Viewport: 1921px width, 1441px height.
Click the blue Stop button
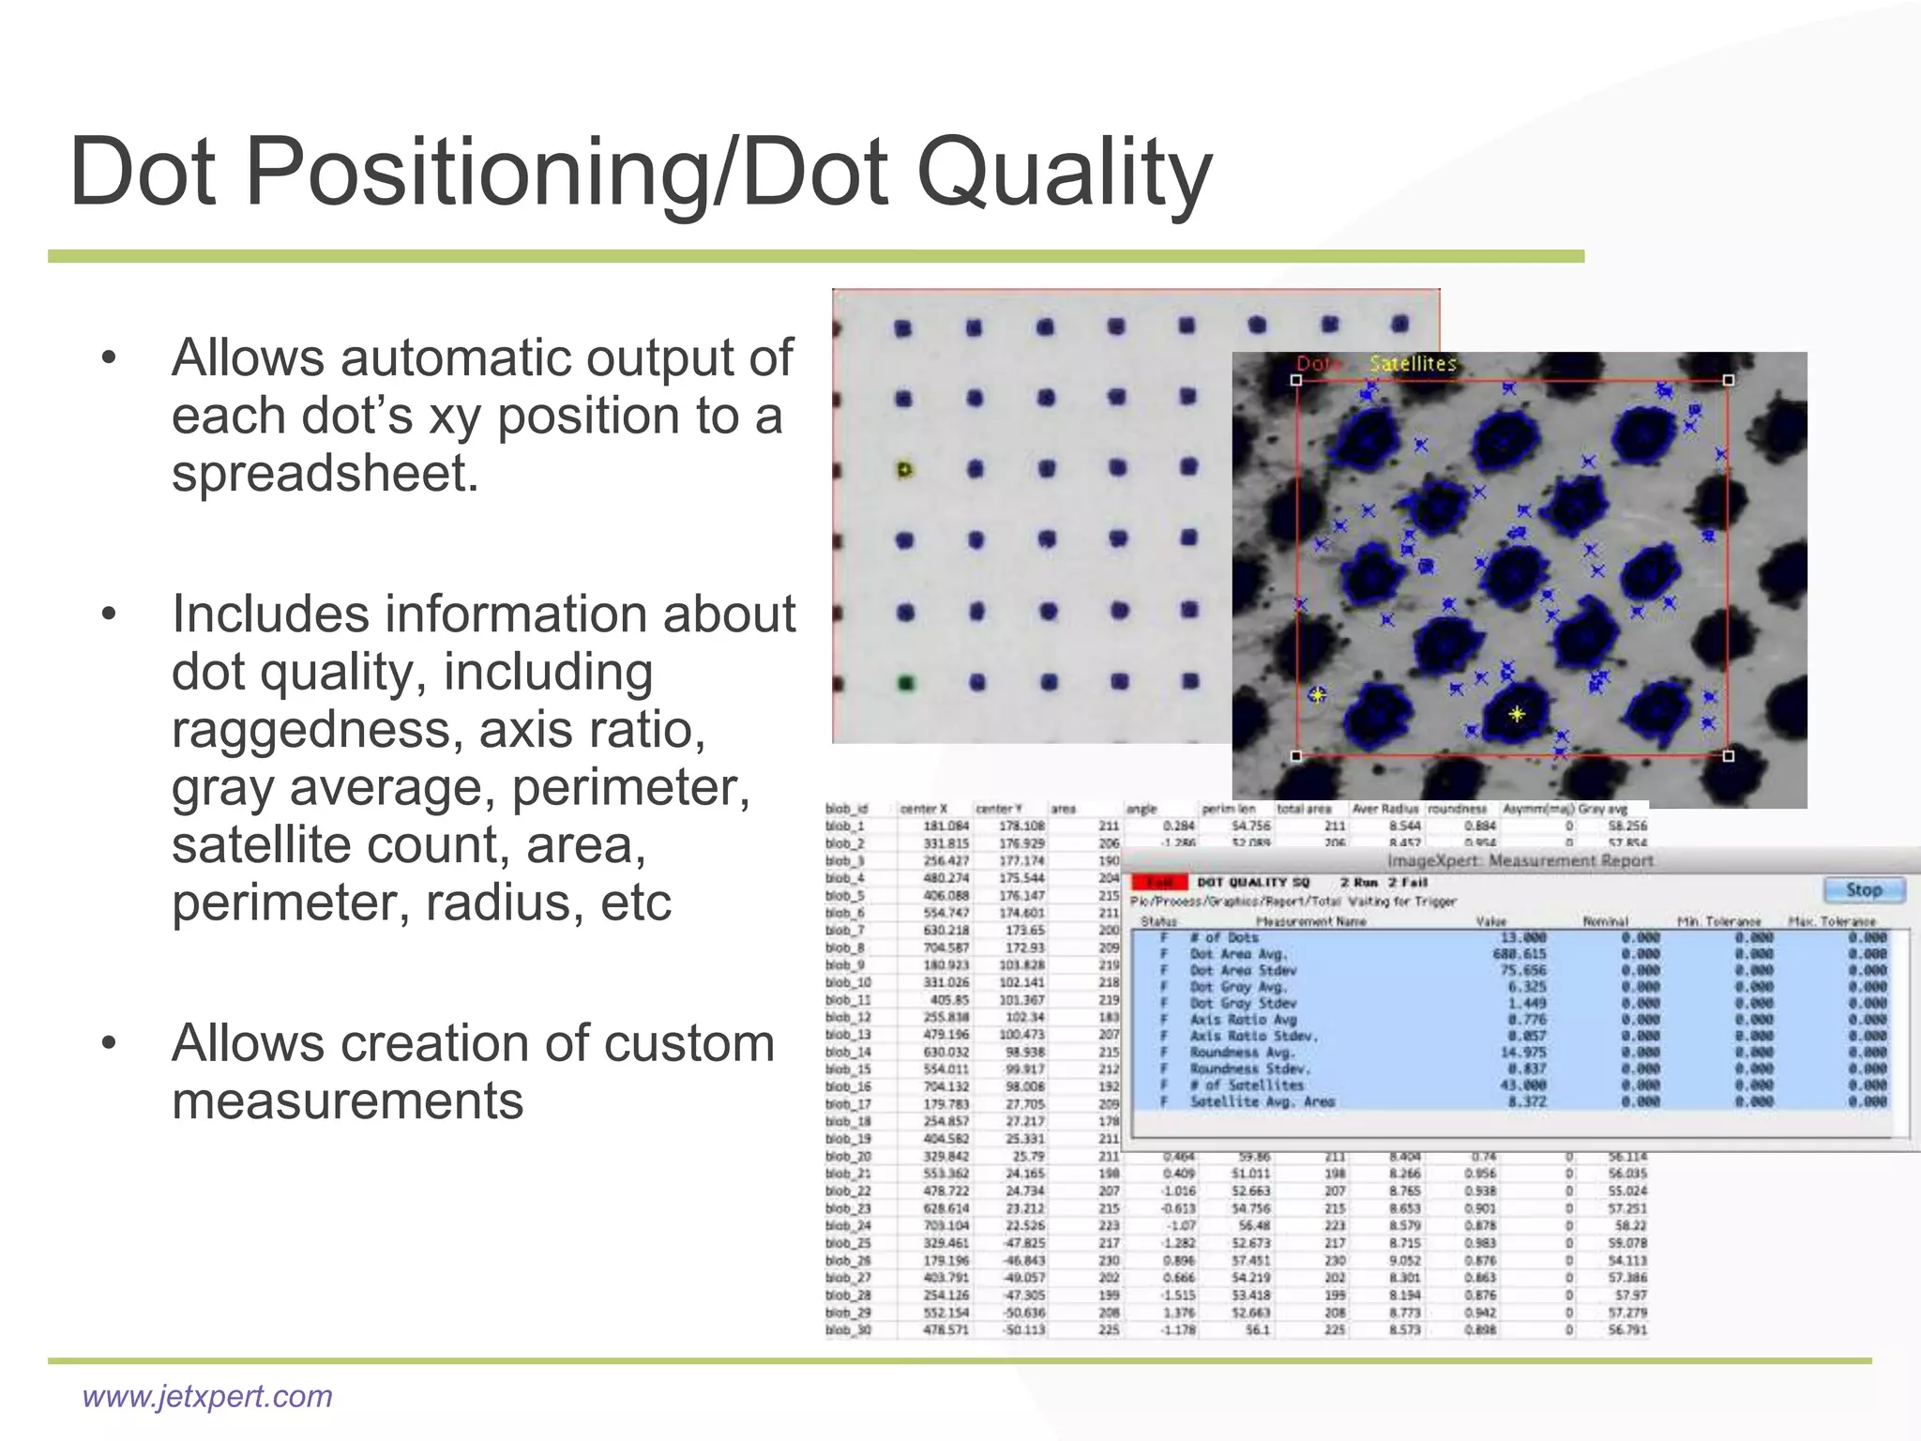click(x=1864, y=889)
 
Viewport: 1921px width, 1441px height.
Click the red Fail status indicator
click(x=1159, y=882)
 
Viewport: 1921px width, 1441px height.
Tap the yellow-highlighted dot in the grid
click(x=904, y=469)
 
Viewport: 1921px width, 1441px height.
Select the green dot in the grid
click(x=906, y=683)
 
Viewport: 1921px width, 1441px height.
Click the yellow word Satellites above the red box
click(x=1413, y=363)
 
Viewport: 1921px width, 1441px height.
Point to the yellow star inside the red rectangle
click(x=1517, y=714)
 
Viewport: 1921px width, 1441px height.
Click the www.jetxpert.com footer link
click(x=207, y=1396)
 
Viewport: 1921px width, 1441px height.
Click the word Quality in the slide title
click(x=1064, y=174)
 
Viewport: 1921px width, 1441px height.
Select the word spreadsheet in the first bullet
click(x=325, y=474)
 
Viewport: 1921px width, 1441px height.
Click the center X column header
click(x=924, y=809)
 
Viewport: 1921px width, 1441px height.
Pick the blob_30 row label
click(x=848, y=1329)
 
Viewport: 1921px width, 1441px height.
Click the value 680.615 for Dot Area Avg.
click(x=1520, y=954)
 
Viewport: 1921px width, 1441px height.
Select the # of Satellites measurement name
click(x=1248, y=1085)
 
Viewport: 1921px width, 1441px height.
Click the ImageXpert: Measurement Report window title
click(x=1520, y=860)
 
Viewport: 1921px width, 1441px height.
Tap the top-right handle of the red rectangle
click(x=1728, y=380)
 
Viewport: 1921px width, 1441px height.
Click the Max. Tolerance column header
click(x=1831, y=921)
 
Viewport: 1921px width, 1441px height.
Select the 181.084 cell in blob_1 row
click(x=945, y=827)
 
